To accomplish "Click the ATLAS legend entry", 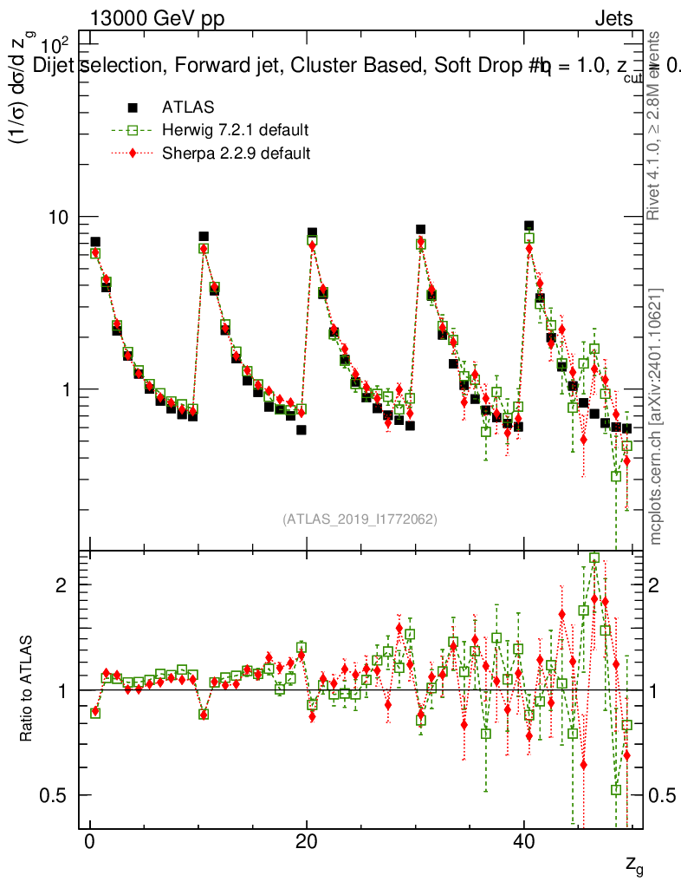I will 188,108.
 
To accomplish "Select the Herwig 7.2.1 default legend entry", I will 235,130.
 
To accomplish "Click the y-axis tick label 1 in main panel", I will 71,389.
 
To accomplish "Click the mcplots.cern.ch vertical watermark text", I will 657,416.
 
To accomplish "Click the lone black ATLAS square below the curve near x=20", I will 301,429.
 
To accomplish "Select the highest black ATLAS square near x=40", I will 529,225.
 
